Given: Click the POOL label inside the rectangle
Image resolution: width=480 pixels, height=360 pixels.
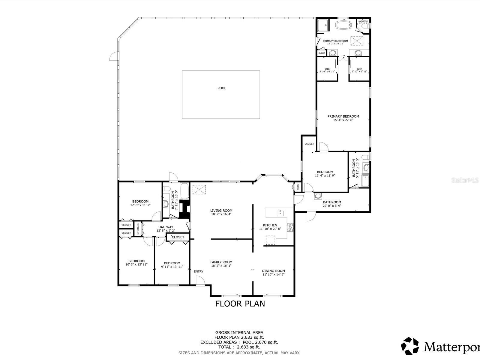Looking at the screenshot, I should click(x=222, y=88).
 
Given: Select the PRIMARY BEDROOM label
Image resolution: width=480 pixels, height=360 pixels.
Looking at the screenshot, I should click(x=343, y=116).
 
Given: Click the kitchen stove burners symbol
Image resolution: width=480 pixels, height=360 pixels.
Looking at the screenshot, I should click(x=290, y=227).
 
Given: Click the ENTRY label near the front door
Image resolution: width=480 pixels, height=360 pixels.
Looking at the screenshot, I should click(x=198, y=271).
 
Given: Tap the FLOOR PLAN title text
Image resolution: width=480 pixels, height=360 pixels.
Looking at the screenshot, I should click(x=240, y=304).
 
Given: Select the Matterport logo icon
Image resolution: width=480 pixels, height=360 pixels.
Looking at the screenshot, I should click(x=410, y=345).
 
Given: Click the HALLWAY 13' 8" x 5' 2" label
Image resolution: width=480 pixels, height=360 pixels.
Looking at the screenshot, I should click(x=166, y=229).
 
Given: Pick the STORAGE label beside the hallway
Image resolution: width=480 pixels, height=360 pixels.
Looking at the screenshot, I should click(x=138, y=229).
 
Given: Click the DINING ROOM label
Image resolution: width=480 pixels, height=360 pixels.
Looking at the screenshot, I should click(x=273, y=271).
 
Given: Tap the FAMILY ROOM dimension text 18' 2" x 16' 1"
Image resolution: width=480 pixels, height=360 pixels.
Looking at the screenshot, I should click(x=221, y=266).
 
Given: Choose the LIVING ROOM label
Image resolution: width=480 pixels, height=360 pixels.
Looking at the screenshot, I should click(x=221, y=211).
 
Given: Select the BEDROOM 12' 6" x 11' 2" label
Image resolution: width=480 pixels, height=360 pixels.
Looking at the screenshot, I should click(x=140, y=203).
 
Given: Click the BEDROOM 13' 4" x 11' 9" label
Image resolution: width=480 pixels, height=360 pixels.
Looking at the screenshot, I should click(x=325, y=174).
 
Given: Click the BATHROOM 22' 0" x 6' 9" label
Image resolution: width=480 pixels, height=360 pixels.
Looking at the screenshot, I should click(x=332, y=204).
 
